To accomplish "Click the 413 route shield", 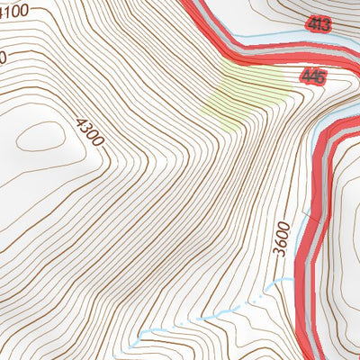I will click(x=318, y=25).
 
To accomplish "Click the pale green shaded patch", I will click(x=247, y=90).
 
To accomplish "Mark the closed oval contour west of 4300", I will click(x=38, y=137).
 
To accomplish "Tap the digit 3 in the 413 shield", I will click(x=324, y=25).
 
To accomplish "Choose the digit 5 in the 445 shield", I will click(x=320, y=77).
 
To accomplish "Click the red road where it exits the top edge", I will click(x=191, y=4).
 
